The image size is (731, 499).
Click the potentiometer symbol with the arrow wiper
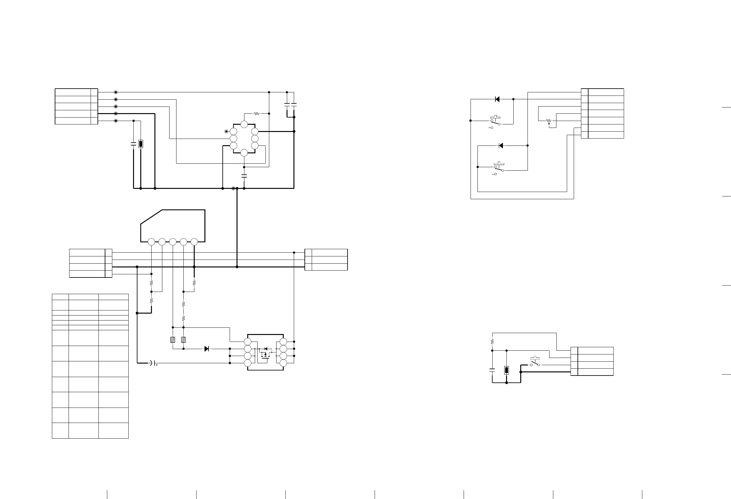click(549, 121)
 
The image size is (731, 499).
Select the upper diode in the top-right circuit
click(497, 99)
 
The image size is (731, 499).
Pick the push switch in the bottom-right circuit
click(535, 363)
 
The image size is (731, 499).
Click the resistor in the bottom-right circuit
click(492, 341)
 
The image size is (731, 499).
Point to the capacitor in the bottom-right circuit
click(492, 370)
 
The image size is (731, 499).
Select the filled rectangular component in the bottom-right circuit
click(506, 370)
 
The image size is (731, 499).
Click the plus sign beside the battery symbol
click(156, 365)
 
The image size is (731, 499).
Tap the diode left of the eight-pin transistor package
click(207, 348)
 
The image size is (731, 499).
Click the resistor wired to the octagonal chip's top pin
click(256, 113)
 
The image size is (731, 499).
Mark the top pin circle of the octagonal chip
click(244, 124)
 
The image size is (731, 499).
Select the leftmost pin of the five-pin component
click(151, 242)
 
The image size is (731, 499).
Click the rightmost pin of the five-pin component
click(194, 242)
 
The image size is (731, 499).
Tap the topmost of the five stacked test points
click(116, 92)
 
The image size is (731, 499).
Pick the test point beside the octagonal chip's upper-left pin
click(226, 131)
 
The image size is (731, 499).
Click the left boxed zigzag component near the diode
click(173, 340)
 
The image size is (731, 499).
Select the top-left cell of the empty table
click(60, 297)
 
